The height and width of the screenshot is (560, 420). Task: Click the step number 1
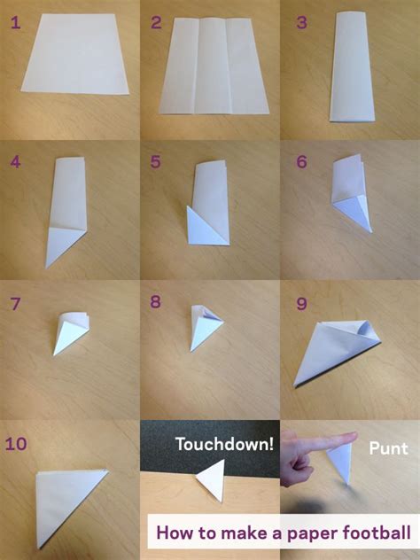point(15,22)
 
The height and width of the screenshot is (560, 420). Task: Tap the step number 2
point(156,22)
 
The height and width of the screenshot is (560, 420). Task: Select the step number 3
point(302,22)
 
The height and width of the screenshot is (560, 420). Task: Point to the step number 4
point(15,162)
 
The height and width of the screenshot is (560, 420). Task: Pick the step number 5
point(156,162)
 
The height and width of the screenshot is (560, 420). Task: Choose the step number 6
point(302,162)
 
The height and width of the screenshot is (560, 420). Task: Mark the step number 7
point(15,304)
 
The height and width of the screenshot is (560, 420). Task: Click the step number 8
point(155,302)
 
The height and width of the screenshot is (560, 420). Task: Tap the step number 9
point(302,304)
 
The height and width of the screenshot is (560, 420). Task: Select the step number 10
point(16,444)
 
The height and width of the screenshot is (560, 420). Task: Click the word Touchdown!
point(225,444)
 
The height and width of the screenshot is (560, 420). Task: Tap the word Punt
point(388,449)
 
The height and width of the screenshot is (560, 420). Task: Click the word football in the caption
point(377,533)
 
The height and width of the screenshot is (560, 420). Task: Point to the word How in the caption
point(173,533)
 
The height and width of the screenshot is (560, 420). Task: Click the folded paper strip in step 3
point(352,66)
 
